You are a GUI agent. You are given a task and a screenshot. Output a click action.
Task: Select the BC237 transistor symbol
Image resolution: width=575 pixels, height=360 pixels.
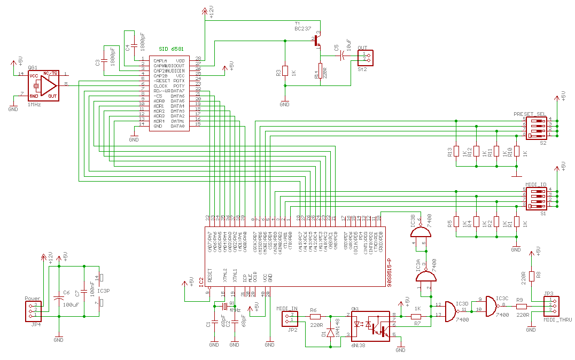(x=318, y=40)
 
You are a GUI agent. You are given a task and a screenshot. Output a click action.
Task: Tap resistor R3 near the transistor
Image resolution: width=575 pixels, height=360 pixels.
(x=285, y=71)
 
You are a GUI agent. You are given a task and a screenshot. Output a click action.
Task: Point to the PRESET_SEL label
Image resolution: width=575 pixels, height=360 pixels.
(x=530, y=114)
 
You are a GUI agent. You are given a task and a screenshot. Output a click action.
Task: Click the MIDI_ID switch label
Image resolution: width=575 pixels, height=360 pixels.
(x=535, y=184)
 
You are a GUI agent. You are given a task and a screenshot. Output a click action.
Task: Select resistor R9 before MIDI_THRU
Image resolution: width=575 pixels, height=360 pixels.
(x=521, y=307)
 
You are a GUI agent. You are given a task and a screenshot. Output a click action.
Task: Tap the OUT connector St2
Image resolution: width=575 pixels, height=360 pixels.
(x=366, y=57)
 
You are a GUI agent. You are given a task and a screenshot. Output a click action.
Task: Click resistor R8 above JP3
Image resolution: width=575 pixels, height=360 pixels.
(x=531, y=276)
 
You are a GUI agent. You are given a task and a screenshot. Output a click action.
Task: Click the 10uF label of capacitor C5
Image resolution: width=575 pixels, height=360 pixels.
(x=349, y=46)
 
